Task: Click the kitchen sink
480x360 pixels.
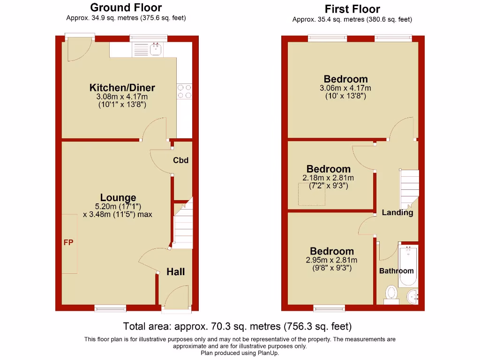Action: (155, 48)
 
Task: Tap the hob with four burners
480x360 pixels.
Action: (184, 91)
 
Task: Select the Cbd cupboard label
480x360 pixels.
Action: (180, 160)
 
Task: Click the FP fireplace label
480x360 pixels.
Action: (68, 242)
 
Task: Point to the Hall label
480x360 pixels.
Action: (176, 272)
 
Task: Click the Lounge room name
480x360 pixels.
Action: (118, 198)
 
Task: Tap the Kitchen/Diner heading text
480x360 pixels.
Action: (122, 88)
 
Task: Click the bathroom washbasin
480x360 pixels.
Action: (412, 296)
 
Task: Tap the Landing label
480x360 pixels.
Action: (397, 213)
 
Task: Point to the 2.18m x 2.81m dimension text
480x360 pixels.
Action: (328, 178)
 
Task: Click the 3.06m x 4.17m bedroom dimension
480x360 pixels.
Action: (345, 88)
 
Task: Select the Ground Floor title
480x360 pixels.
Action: (126, 7)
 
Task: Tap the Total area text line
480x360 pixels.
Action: (237, 326)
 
